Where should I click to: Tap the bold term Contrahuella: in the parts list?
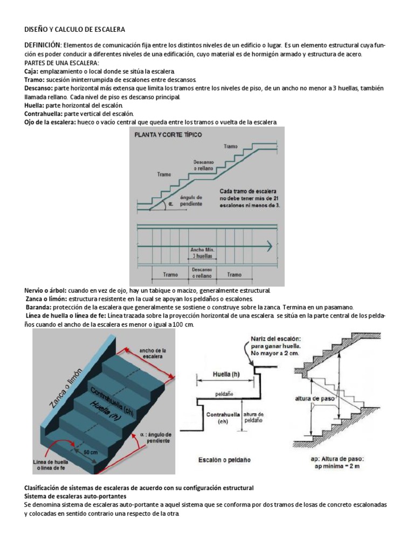[x=44, y=114]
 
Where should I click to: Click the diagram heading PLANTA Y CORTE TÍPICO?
[x=168, y=135]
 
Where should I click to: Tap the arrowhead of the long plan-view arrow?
[x=268, y=246]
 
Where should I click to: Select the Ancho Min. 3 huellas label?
[x=204, y=253]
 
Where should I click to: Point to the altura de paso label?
[x=314, y=398]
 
